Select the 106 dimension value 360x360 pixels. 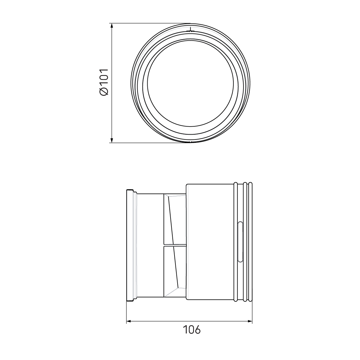[x=192, y=329]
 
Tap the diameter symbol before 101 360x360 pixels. [x=104, y=91]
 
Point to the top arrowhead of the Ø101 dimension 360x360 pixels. [x=112, y=26]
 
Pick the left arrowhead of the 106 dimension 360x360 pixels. [x=129, y=321]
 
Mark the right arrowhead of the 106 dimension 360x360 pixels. [x=250, y=321]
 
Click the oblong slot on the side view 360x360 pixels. [x=240, y=242]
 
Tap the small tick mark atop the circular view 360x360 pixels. [x=190, y=30]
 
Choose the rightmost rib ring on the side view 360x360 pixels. [x=250, y=242]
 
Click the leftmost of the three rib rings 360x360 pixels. [x=236, y=242]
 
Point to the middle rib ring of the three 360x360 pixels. [x=245, y=242]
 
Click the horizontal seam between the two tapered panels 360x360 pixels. [x=175, y=245]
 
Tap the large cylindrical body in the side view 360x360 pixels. [x=211, y=242]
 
